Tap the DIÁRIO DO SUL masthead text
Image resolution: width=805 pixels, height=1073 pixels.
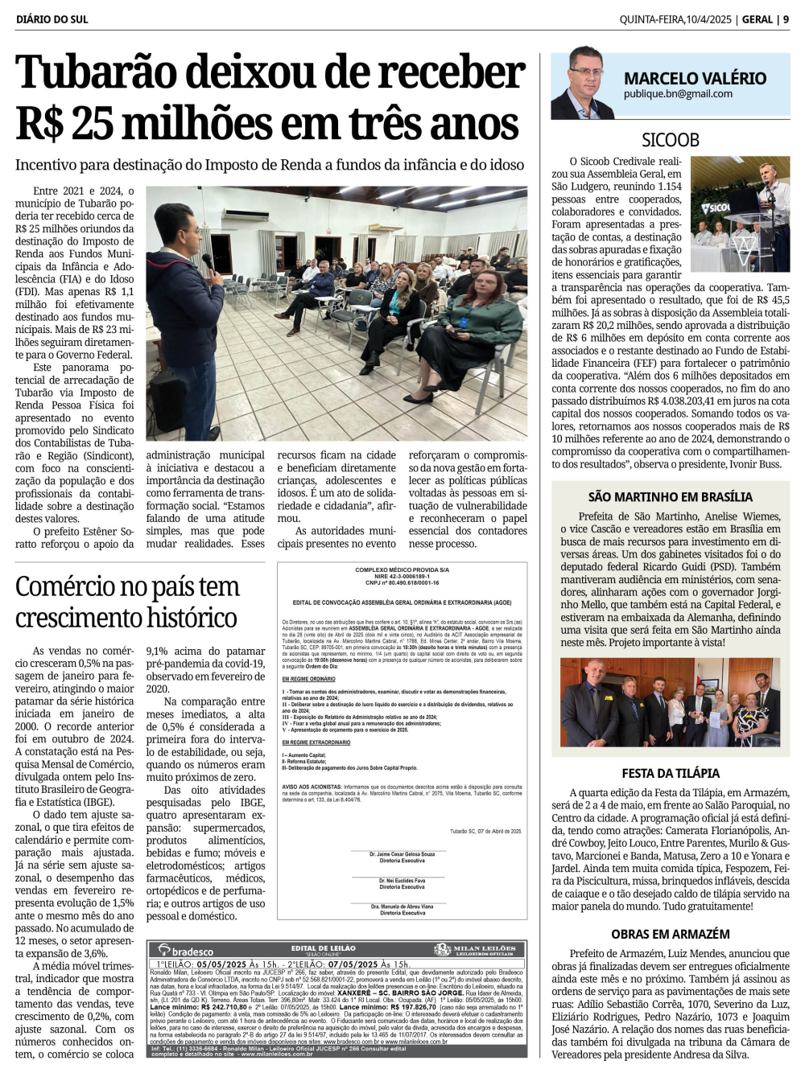(x=52, y=19)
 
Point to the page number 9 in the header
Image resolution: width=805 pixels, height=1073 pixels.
(x=786, y=19)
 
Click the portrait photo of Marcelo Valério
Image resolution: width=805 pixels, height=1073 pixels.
(x=582, y=83)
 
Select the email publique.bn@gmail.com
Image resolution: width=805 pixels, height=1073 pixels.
(x=678, y=94)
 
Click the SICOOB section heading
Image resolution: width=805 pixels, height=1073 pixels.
(x=670, y=140)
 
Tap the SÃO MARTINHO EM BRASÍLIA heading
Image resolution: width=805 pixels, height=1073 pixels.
(x=670, y=497)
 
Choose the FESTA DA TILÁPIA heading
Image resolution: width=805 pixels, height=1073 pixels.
(x=670, y=773)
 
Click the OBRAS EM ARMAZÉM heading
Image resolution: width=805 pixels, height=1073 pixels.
(x=670, y=934)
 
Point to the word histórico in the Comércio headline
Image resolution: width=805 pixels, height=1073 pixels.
(x=182, y=618)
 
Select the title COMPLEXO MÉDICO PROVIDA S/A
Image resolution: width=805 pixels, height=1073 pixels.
(x=402, y=569)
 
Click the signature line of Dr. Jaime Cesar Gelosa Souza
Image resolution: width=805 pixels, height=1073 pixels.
(x=402, y=854)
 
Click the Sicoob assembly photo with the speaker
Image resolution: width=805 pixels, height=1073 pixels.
(x=740, y=203)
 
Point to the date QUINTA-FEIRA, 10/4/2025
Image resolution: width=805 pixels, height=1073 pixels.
(x=675, y=19)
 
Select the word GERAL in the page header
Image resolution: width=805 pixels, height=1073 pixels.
(x=757, y=19)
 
